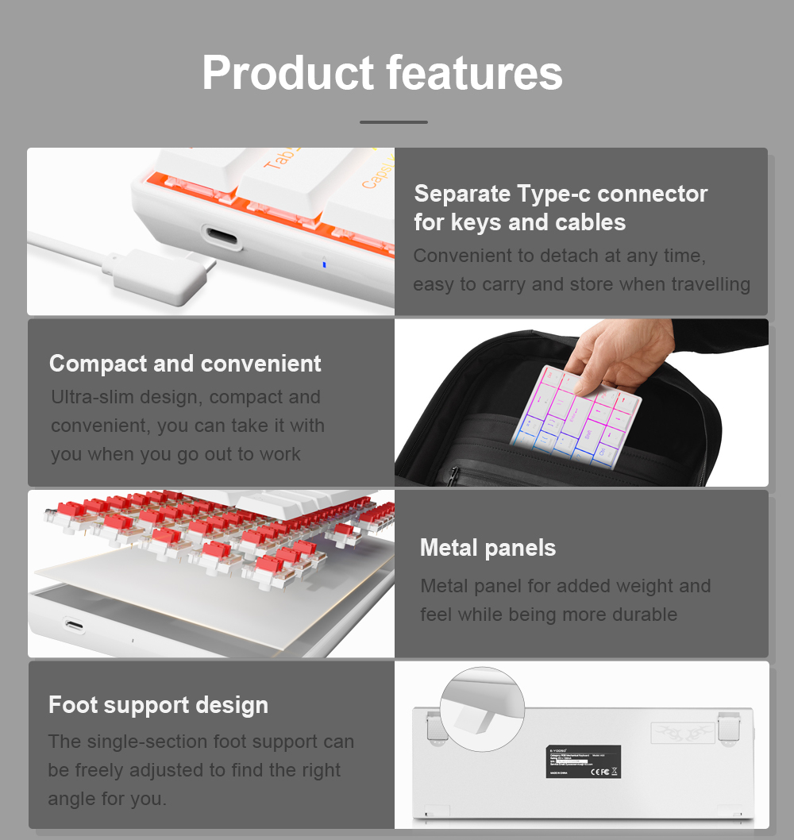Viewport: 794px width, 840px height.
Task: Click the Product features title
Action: pos(382,73)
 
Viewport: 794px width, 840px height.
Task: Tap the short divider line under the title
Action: pos(394,122)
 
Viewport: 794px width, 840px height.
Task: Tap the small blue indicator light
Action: pos(323,264)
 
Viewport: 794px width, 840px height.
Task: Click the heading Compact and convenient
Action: pos(185,364)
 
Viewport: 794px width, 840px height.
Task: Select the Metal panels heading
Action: pos(488,548)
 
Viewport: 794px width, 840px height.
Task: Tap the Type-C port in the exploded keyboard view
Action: pos(75,625)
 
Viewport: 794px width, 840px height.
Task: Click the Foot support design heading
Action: pos(158,705)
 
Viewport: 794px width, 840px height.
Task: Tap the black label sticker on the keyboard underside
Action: pos(584,761)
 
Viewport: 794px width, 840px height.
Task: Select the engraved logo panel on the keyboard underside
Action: pos(682,733)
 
